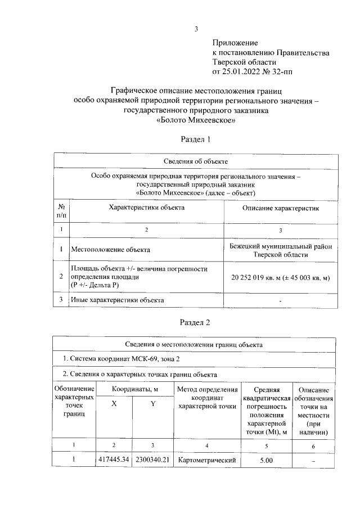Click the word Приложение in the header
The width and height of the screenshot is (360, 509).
[235, 43]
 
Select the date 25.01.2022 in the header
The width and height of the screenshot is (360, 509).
[243, 71]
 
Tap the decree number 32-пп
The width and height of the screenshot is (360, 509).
[281, 71]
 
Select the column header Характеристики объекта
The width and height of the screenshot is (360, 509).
[146, 208]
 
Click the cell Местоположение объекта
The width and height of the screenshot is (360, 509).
[110, 249]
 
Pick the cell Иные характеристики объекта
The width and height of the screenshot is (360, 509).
[117, 300]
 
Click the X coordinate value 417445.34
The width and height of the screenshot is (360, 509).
[114, 460]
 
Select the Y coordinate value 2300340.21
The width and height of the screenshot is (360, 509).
[152, 460]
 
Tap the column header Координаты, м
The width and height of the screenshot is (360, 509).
[134, 389]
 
